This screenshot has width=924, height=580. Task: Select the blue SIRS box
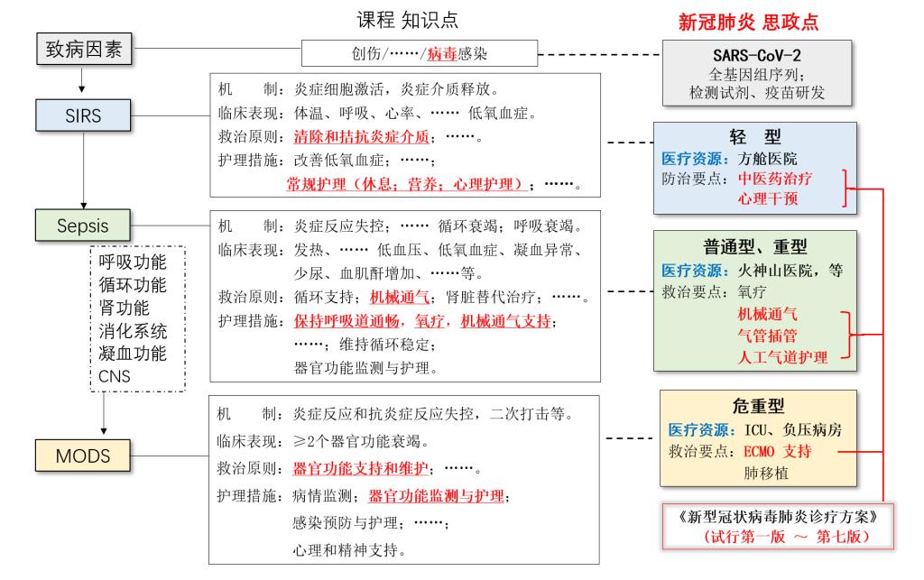point(81,115)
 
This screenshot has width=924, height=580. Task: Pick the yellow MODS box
point(81,456)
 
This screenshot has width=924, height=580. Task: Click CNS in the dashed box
point(115,375)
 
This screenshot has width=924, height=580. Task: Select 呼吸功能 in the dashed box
point(133,262)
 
